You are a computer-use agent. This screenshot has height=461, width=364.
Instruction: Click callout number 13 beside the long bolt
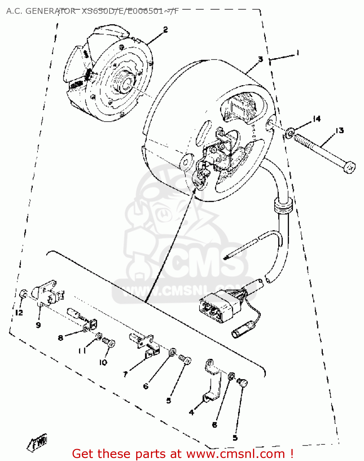339,131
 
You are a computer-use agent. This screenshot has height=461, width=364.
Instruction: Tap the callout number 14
316,119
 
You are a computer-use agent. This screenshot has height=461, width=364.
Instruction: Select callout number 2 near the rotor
165,30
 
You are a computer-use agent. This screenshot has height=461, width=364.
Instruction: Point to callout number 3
260,59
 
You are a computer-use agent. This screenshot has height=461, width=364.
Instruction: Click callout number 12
19,313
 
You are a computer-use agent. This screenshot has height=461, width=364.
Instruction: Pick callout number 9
38,325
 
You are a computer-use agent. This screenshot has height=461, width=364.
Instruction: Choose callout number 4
192,412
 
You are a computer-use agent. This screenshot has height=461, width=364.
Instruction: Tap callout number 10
103,362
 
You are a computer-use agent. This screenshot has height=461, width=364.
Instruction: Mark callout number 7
125,374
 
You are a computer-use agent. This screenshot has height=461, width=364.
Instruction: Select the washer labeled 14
289,133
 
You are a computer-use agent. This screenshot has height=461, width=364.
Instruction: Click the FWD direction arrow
38,443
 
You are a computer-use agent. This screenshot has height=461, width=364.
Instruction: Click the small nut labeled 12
23,294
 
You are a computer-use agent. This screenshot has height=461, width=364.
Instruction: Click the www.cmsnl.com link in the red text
235,454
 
